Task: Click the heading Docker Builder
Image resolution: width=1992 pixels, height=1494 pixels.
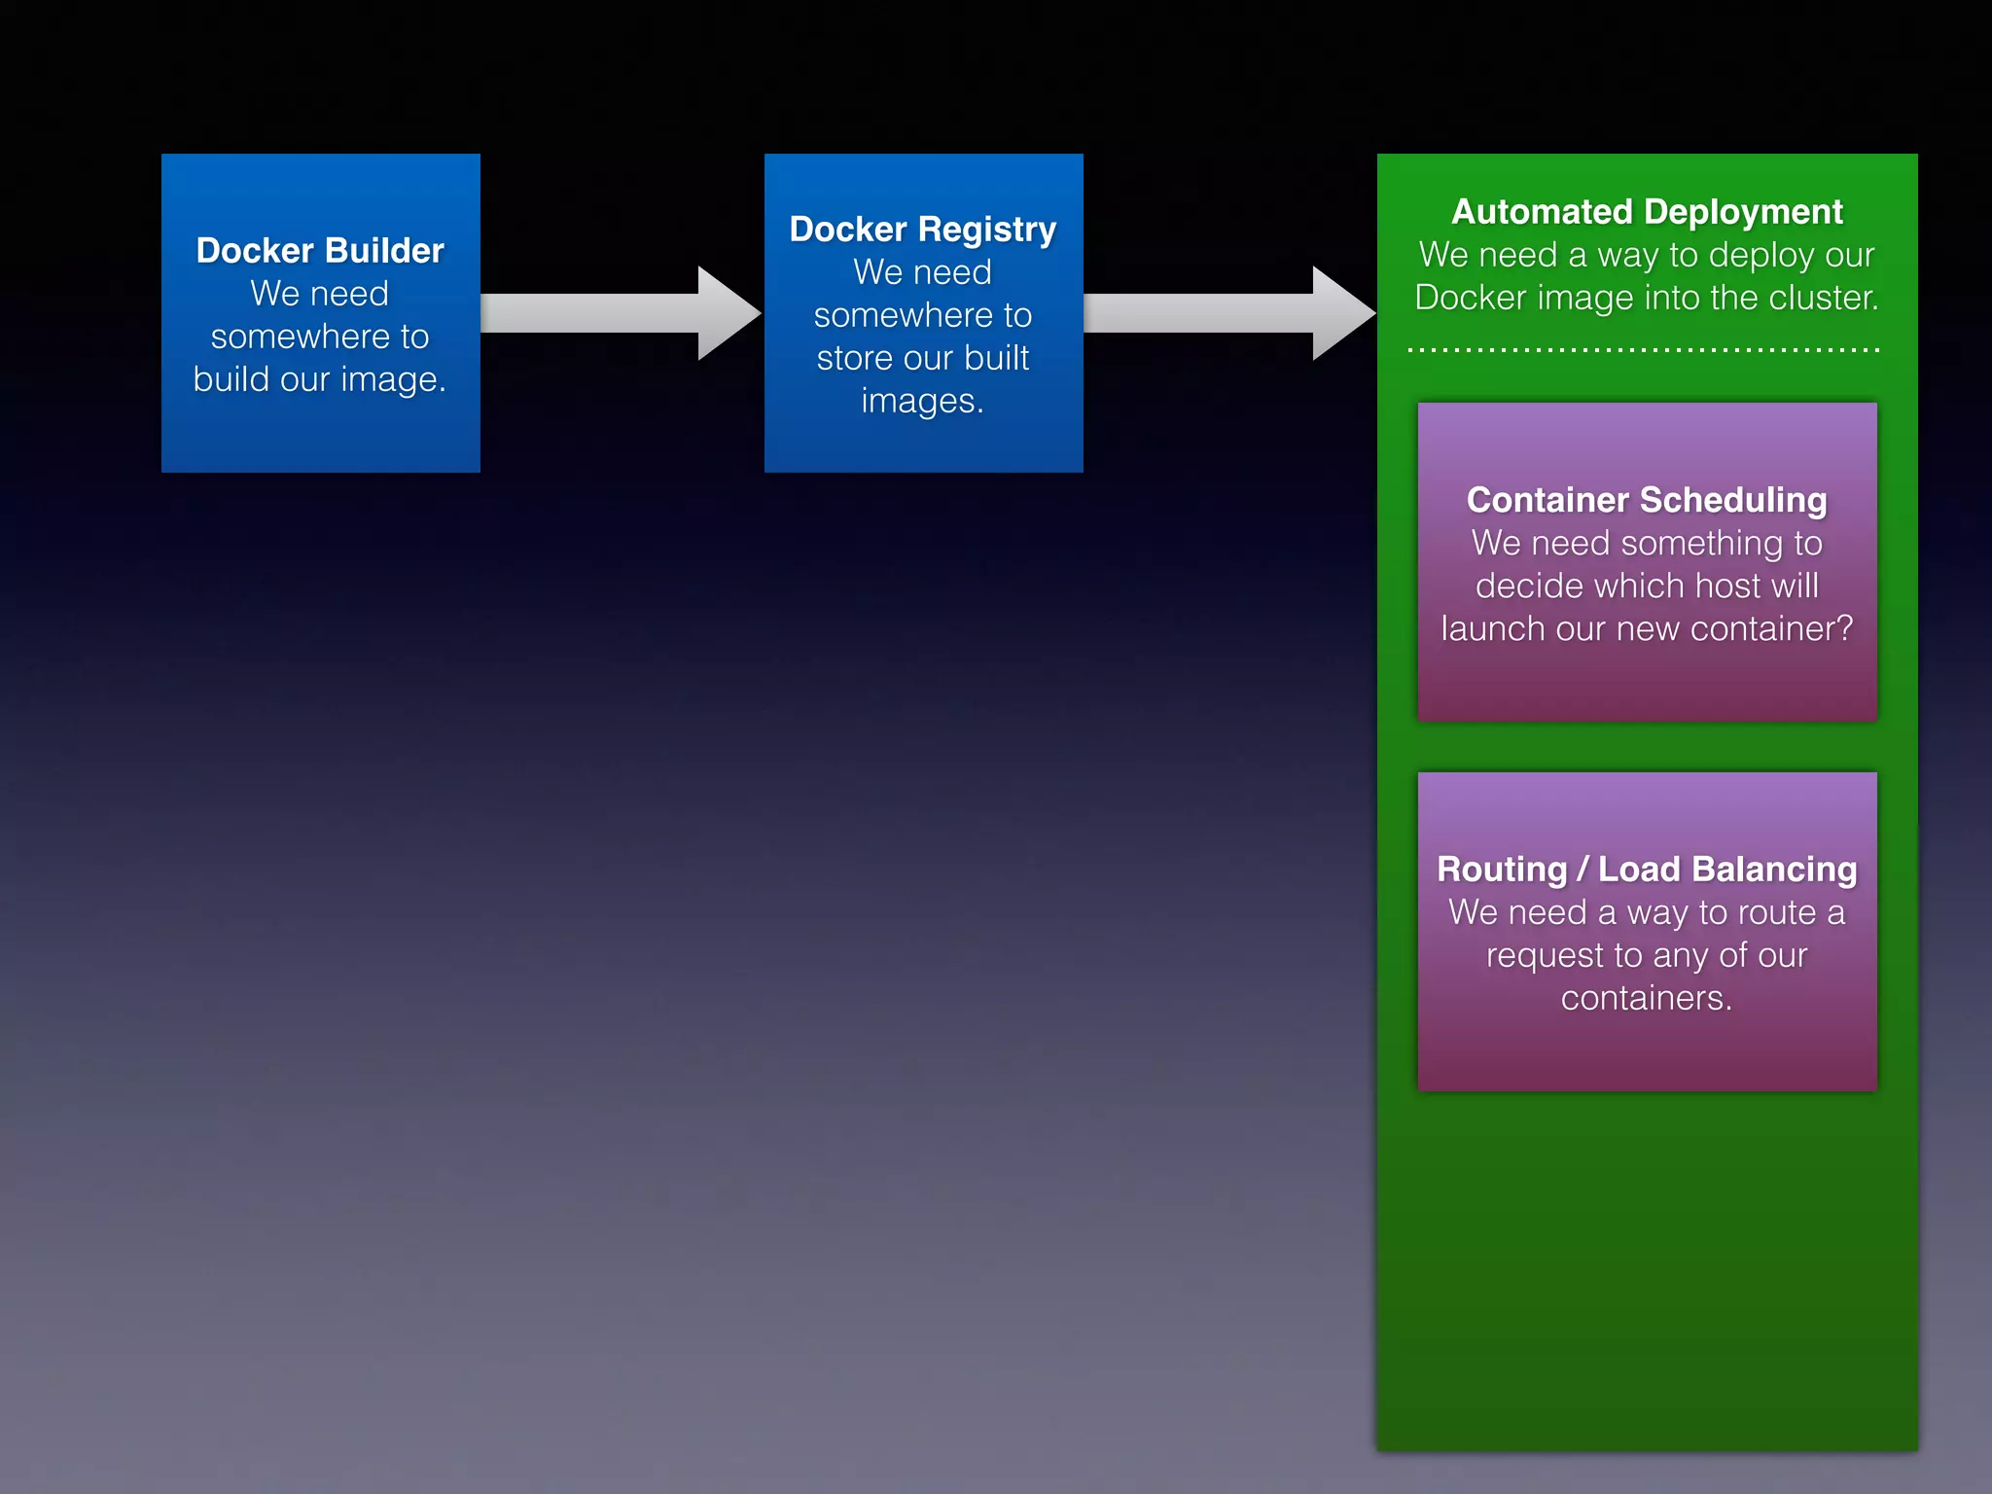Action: pos(320,251)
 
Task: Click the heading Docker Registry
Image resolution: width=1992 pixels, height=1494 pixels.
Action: pos(922,230)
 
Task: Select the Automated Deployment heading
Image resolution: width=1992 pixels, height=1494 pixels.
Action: pos(1647,212)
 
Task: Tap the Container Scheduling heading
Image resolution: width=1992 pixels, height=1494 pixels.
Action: pos(1647,500)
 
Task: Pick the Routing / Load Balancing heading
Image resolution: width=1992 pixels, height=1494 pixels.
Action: pos(1647,870)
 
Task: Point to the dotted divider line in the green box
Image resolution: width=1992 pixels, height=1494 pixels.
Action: pos(1644,349)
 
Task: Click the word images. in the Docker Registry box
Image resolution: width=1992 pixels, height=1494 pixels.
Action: pos(922,401)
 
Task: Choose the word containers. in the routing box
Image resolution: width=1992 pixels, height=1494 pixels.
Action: pos(1647,999)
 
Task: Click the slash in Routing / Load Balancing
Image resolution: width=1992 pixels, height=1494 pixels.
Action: pos(1583,870)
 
